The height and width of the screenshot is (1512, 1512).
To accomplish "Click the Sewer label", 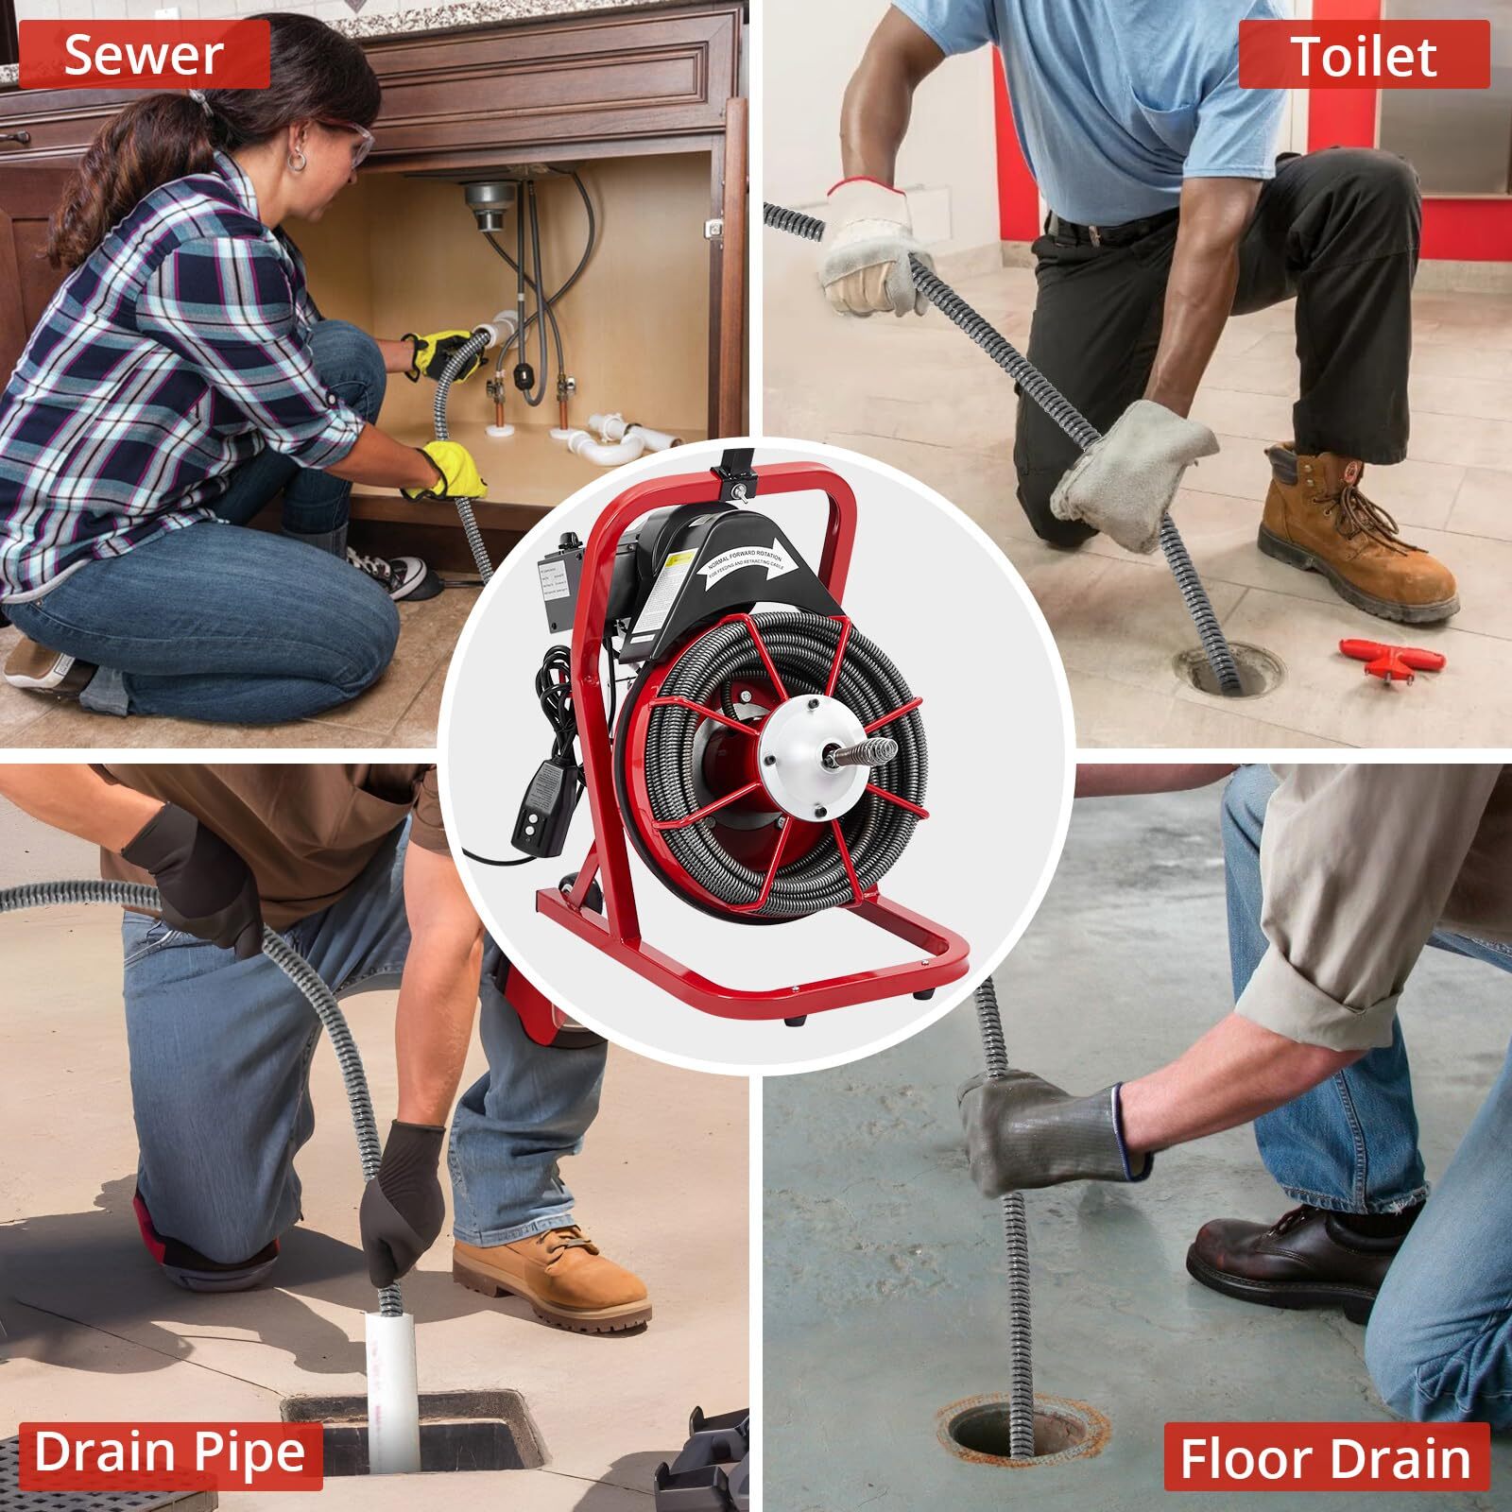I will [144, 55].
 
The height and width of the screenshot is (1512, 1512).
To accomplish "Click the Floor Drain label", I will [1325, 1459].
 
